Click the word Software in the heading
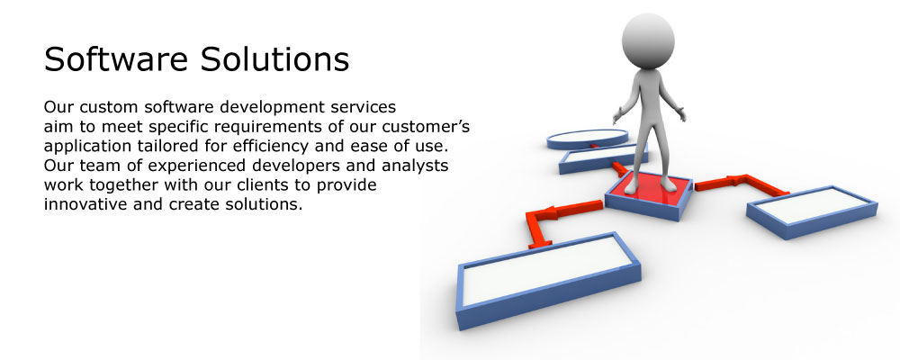(x=115, y=59)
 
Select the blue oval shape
(x=587, y=139)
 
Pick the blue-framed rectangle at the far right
(x=812, y=211)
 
